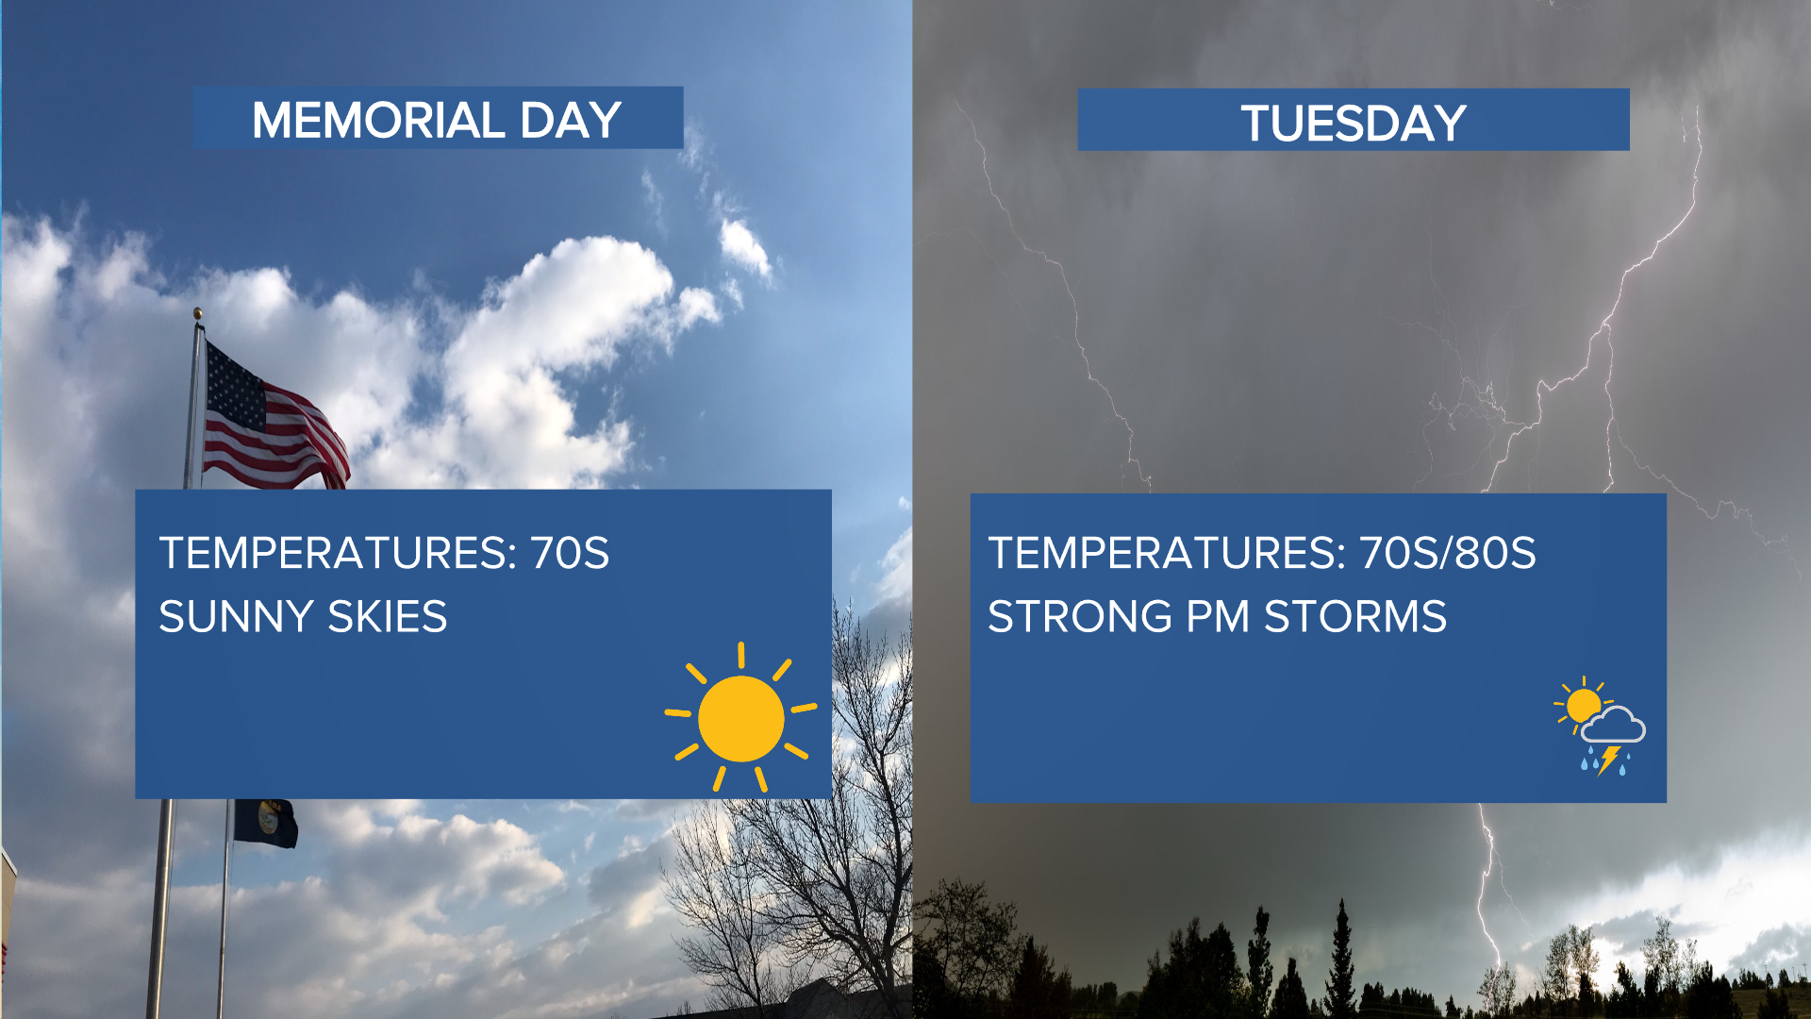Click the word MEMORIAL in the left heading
[378, 121]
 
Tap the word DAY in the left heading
[571, 121]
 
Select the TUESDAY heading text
[1354, 124]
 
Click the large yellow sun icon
[741, 718]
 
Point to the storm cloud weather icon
[1601, 726]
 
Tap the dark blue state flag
[265, 822]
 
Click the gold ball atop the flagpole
[198, 313]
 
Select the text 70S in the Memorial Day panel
[570, 553]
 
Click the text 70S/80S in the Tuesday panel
[1448, 553]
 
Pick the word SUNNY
[236, 617]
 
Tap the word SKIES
[388, 617]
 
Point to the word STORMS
[1355, 617]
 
